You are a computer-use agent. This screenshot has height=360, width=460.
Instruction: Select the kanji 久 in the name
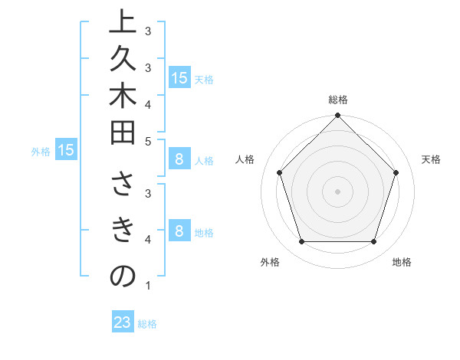click(x=123, y=67)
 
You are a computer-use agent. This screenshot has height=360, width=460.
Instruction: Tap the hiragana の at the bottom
click(x=123, y=276)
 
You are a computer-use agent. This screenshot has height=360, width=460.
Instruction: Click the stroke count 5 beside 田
click(x=148, y=141)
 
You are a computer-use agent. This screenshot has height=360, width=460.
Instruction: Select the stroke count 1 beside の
click(x=148, y=286)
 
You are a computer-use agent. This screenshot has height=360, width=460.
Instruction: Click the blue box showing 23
click(x=123, y=322)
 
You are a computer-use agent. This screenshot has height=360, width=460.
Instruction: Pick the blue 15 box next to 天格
click(x=179, y=78)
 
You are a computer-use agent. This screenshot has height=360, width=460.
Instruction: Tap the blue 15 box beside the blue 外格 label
click(x=66, y=151)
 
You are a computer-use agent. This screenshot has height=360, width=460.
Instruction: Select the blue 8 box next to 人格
click(x=179, y=160)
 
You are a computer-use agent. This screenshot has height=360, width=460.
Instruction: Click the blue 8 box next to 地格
click(x=179, y=231)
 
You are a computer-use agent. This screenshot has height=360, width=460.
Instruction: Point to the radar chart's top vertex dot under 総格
click(x=337, y=116)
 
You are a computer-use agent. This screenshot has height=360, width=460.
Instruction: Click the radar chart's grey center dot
click(x=337, y=191)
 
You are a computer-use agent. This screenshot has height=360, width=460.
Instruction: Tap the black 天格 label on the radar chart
click(x=431, y=159)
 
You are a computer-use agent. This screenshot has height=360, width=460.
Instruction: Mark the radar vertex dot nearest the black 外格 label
click(x=301, y=242)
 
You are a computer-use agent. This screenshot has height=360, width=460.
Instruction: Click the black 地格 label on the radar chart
click(x=402, y=263)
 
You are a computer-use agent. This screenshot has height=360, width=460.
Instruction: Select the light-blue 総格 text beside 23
click(x=147, y=324)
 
